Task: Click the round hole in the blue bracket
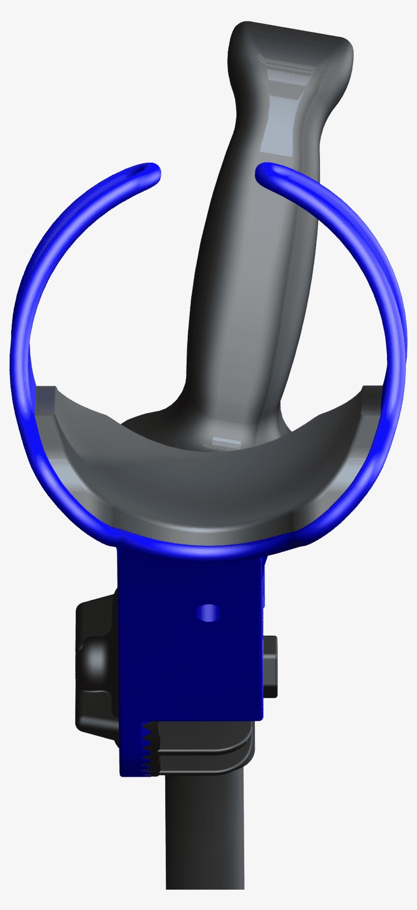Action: click(208, 613)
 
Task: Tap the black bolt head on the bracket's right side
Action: click(271, 666)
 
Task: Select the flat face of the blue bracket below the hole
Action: click(193, 671)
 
